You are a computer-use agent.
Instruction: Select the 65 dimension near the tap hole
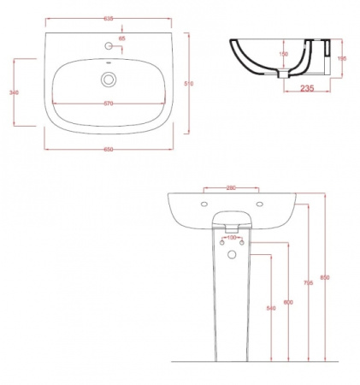click(121, 39)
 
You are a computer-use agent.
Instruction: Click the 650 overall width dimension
click(109, 149)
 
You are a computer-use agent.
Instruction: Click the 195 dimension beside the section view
click(341, 58)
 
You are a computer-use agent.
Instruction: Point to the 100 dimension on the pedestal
click(231, 238)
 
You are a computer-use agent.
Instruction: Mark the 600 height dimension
click(288, 303)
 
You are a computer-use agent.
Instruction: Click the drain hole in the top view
click(108, 80)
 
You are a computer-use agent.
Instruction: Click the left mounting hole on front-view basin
click(204, 204)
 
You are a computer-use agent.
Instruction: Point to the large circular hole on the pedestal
click(231, 255)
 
